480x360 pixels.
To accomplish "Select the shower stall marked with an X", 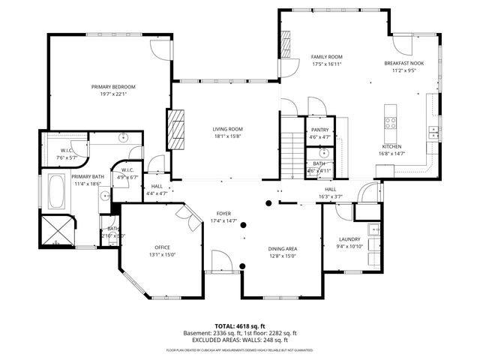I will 58,230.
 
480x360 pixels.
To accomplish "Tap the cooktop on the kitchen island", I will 390,120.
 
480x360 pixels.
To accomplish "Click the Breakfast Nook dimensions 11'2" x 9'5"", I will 403,71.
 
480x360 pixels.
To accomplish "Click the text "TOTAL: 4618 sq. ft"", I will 241,326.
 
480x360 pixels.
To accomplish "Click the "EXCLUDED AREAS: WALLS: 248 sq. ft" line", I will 241,340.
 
